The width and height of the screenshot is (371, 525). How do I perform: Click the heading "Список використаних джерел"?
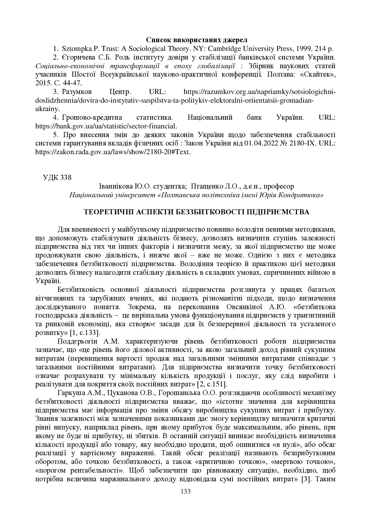197,40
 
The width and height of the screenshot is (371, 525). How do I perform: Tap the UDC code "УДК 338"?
57,177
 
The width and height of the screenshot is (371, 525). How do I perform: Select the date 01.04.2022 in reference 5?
262,143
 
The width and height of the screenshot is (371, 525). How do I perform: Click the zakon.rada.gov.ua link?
113,152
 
